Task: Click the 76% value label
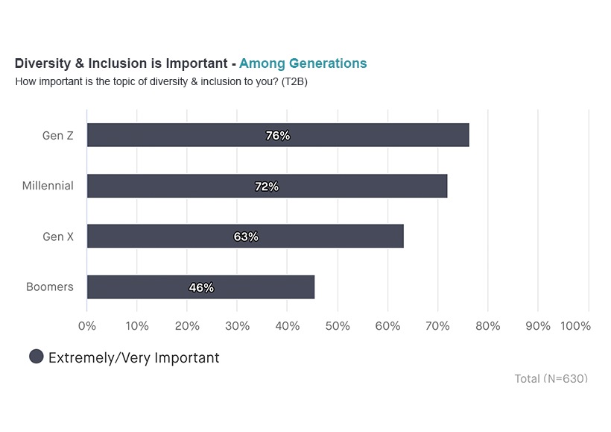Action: click(x=278, y=136)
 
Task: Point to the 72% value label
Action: click(x=267, y=187)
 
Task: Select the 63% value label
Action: click(x=246, y=237)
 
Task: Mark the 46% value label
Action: click(x=201, y=287)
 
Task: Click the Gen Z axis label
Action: click(x=58, y=135)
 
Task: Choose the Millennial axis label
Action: click(x=48, y=186)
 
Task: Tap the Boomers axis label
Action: click(x=50, y=287)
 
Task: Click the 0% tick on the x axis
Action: click(x=87, y=326)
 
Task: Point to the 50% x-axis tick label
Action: click(x=338, y=326)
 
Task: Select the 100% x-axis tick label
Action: click(x=575, y=326)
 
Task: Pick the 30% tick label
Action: click(x=237, y=326)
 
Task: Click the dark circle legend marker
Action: click(x=36, y=357)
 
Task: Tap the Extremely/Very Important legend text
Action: click(x=134, y=358)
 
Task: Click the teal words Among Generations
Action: click(x=303, y=63)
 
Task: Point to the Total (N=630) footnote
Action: click(x=551, y=379)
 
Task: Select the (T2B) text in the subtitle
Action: click(x=294, y=81)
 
